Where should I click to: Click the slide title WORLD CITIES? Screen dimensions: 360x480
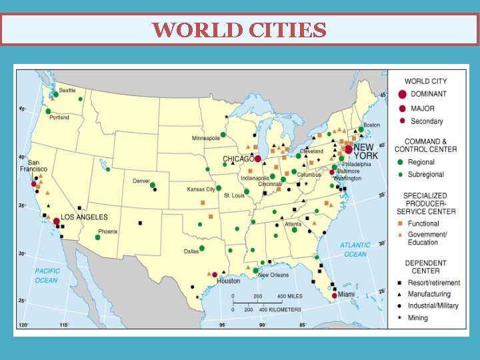tap(239, 30)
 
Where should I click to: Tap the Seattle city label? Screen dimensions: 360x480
tap(67, 90)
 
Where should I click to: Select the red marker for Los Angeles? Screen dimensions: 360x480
tap(57, 221)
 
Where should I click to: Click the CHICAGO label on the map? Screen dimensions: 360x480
tap(238, 159)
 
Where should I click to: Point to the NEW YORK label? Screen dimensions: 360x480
tap(365, 151)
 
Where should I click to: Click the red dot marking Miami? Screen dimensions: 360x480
tap(335, 296)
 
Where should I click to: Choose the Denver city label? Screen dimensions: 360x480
tap(141, 181)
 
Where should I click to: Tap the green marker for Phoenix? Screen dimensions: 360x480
tap(97, 237)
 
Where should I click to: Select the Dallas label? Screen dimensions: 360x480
tap(191, 251)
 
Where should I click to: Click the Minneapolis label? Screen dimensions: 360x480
tap(206, 139)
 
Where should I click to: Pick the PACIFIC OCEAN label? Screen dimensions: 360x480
tap(47, 275)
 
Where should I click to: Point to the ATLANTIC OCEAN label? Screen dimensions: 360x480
tap(355, 249)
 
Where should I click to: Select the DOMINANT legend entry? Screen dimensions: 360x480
tap(428, 94)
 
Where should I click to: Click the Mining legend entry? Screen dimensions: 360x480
tap(419, 318)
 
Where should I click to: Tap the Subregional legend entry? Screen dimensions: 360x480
tap(427, 175)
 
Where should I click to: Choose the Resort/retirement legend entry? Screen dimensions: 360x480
tap(435, 283)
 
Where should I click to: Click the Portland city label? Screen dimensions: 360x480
tap(59, 118)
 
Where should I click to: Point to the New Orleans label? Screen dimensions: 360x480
tap(273, 275)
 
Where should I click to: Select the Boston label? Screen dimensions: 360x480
tap(371, 125)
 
